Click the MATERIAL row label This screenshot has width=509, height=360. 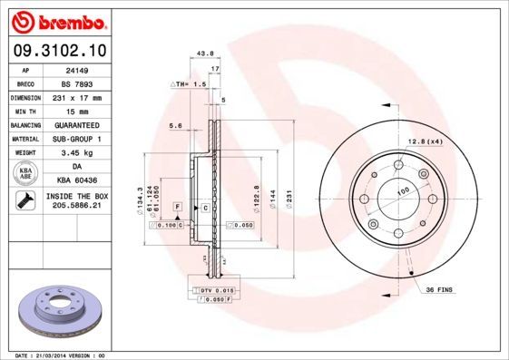click(26, 139)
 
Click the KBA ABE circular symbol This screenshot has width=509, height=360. click(26, 173)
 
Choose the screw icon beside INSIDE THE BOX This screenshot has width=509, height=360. click(26, 201)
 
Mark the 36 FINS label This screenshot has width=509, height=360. click(438, 289)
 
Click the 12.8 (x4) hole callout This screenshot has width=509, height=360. click(424, 141)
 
